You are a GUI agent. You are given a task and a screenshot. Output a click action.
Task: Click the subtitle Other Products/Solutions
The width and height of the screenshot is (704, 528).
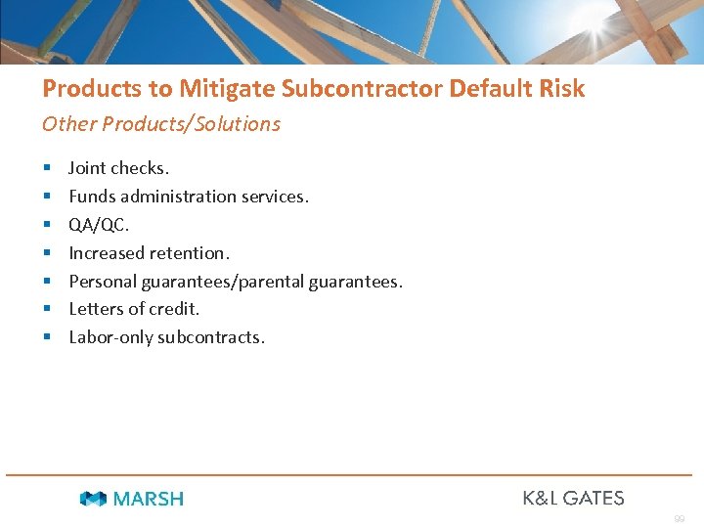point(160,124)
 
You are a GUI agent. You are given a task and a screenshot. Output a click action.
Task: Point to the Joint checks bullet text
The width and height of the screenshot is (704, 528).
point(118,168)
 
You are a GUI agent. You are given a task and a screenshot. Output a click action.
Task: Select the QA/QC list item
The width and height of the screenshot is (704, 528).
point(98,225)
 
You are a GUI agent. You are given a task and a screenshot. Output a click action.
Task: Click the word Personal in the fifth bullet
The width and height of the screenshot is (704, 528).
point(102,282)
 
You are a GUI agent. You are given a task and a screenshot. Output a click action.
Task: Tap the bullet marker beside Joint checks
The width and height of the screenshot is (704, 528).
point(47,168)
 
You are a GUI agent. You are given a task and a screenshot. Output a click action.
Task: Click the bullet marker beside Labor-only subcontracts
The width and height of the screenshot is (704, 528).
point(47,337)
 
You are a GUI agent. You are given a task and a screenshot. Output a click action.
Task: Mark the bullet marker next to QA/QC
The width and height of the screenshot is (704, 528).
point(47,225)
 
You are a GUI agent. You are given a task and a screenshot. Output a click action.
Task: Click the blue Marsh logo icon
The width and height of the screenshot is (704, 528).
point(93,499)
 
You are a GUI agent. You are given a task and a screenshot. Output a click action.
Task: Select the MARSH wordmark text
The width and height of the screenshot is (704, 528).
point(148,499)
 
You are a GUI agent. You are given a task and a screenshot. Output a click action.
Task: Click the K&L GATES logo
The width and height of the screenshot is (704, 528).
point(573,498)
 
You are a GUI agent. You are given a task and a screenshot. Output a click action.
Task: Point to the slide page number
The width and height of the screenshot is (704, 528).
point(679,518)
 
